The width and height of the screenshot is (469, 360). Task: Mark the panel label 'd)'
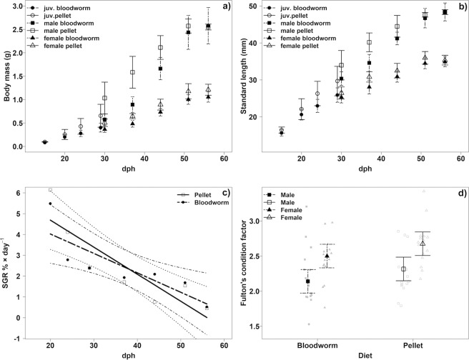(x=459, y=191)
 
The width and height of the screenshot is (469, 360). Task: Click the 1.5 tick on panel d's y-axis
(x=257, y=326)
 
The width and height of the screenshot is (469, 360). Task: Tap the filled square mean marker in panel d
(x=308, y=281)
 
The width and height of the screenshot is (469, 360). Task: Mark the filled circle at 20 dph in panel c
(x=50, y=204)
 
